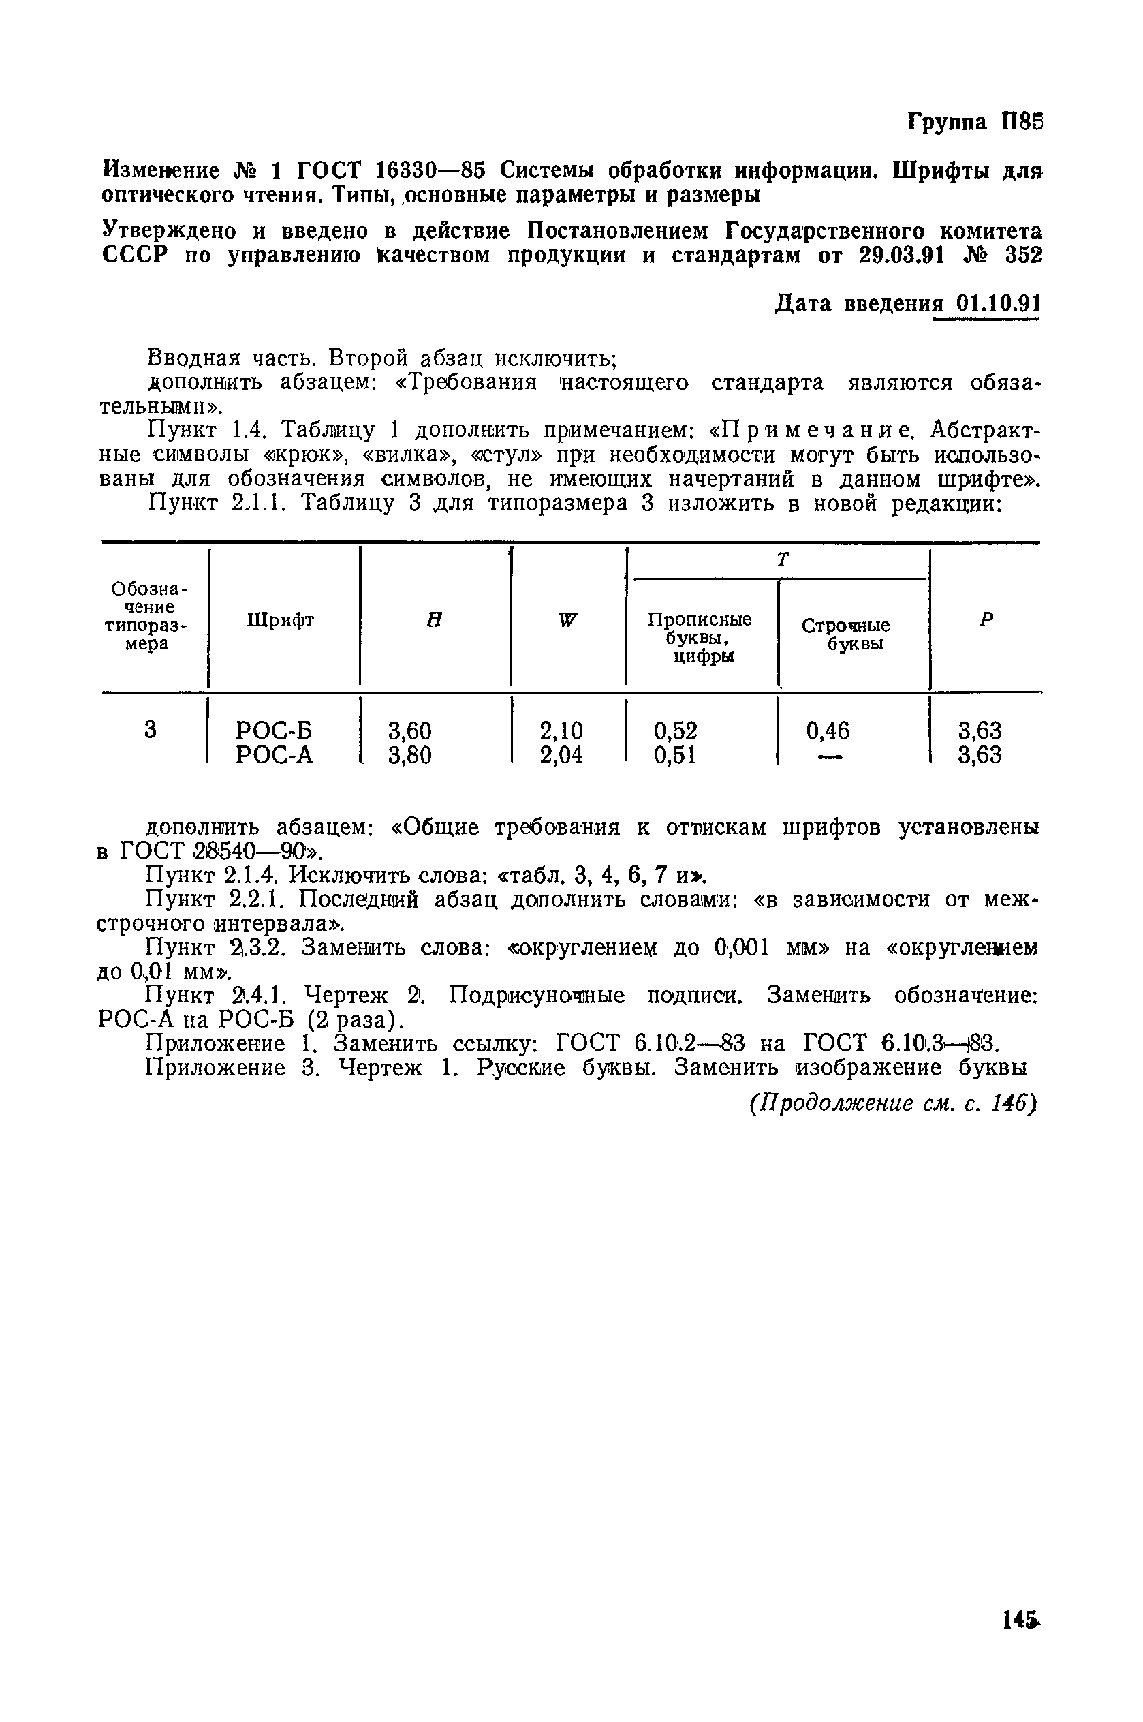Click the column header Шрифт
tap(281, 619)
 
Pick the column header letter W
tap(568, 619)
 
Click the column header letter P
tap(986, 619)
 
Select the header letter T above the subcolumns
tap(783, 560)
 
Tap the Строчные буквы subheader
tap(845, 634)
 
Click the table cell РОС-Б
tap(274, 730)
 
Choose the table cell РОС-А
tap(274, 754)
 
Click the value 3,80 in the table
tap(409, 754)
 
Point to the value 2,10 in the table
tap(561, 730)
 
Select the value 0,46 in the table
tap(828, 730)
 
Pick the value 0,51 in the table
tap(675, 754)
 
